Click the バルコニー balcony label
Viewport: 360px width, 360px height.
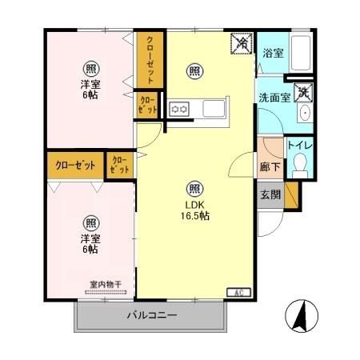pyautogui.click(x=151, y=315)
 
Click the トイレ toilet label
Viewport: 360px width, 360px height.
pyautogui.click(x=300, y=146)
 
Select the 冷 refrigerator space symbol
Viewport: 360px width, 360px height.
pyautogui.click(x=239, y=42)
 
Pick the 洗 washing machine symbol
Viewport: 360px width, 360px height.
pyautogui.click(x=302, y=93)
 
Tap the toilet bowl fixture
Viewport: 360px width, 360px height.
pyautogui.click(x=301, y=166)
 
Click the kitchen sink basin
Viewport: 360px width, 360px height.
pyautogui.click(x=215, y=108)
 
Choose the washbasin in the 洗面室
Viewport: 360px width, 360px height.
pyautogui.click(x=305, y=114)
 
